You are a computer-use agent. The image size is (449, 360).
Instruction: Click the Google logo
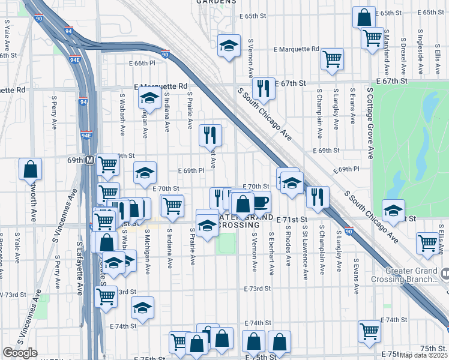(20, 353)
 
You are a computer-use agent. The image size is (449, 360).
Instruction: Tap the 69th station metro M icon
(89, 160)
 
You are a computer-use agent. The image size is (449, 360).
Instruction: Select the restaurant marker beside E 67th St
(264, 89)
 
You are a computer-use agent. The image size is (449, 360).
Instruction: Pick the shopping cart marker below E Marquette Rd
(331, 59)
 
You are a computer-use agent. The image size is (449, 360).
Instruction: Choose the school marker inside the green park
(394, 210)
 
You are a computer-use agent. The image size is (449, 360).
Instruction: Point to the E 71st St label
(292, 221)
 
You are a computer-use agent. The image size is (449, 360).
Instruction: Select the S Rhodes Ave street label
(289, 245)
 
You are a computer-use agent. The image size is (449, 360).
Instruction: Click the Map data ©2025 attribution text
(423, 355)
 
